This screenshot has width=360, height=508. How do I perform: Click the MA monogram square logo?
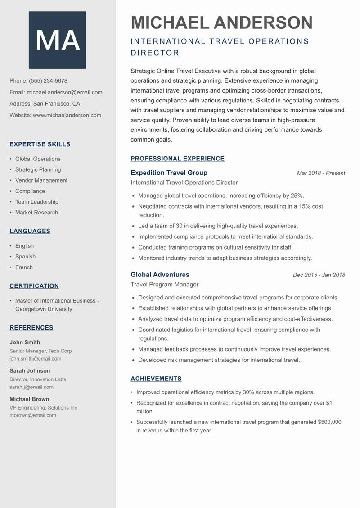[x=58, y=40]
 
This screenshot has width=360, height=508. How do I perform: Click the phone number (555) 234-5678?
[x=48, y=81]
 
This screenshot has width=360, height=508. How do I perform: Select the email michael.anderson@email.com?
[x=64, y=92]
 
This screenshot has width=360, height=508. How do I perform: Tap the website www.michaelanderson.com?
[x=67, y=115]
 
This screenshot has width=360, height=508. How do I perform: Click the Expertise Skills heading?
[x=40, y=144]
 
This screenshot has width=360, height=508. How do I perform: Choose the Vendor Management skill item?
[x=41, y=180]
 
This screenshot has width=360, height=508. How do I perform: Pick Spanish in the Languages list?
[x=25, y=257]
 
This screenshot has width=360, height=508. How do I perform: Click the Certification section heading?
[x=34, y=286]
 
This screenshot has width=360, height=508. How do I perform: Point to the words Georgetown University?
[x=44, y=309]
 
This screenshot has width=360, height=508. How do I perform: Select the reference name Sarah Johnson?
[x=30, y=371]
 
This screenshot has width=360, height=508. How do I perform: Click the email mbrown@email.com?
[x=33, y=415]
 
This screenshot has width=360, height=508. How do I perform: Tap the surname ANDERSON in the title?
[x=263, y=22]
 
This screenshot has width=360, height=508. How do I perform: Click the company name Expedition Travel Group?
[x=169, y=173]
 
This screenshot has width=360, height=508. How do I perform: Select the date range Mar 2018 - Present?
[x=321, y=173]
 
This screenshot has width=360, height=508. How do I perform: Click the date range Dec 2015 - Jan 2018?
[x=319, y=275]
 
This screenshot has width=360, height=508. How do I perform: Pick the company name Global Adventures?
[x=160, y=275]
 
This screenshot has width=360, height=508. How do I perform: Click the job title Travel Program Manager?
[x=164, y=285]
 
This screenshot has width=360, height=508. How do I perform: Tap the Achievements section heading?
[x=156, y=379]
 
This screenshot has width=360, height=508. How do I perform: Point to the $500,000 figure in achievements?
[x=329, y=422]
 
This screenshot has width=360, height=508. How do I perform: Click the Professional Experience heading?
[x=177, y=159]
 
